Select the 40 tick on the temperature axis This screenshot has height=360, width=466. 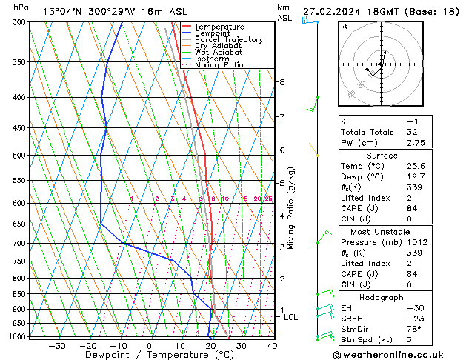272,346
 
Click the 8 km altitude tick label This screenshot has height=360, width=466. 282,82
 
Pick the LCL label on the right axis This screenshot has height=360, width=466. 290,317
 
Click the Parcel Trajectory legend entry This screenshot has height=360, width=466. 228,39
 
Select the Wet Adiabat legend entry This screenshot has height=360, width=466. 218,52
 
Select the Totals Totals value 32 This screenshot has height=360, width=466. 411,132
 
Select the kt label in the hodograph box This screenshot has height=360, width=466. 344,27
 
